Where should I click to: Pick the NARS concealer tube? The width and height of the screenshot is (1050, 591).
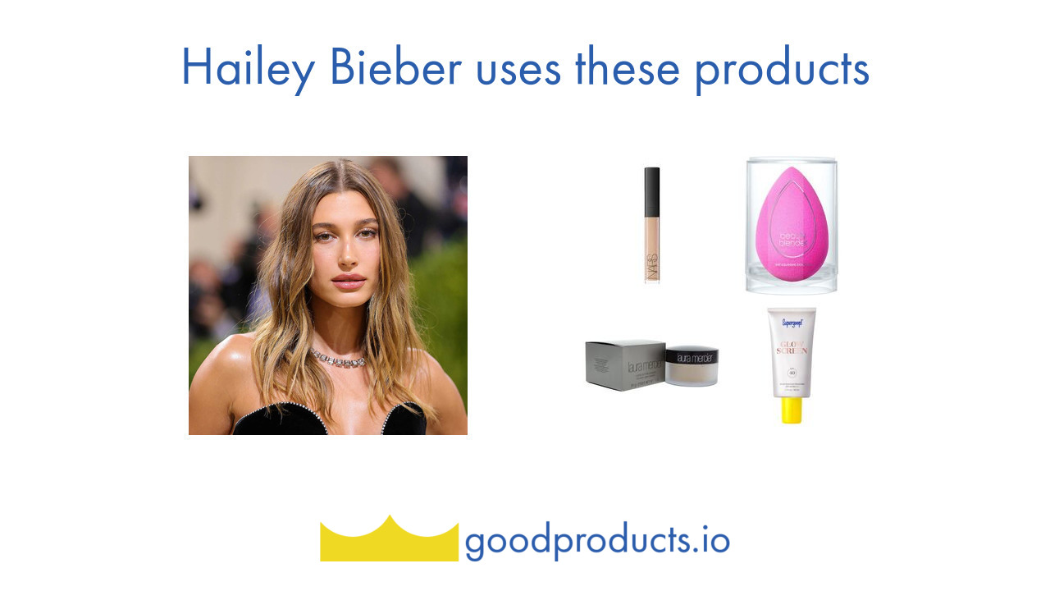(x=652, y=225)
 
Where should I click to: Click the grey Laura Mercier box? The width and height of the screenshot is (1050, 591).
(x=624, y=365)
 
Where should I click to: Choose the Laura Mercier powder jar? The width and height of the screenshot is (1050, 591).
(x=692, y=366)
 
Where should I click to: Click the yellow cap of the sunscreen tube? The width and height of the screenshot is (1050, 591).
(x=792, y=410)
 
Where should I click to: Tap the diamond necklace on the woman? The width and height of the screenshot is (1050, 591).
(x=337, y=359)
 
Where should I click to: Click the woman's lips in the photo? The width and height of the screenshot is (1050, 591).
(x=349, y=282)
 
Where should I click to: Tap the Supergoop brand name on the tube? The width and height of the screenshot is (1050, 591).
(x=792, y=323)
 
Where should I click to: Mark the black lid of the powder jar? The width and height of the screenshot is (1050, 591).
(x=692, y=355)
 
